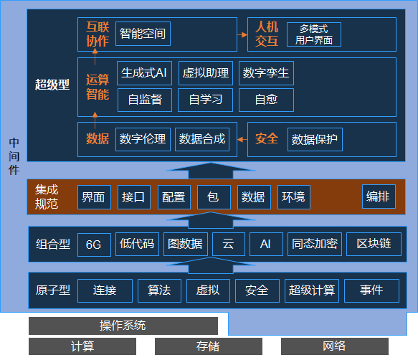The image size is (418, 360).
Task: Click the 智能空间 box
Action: point(143,34)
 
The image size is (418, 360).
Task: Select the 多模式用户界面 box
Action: point(314,34)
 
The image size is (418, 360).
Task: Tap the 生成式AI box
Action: point(144,73)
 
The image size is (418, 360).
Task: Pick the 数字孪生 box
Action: point(266,73)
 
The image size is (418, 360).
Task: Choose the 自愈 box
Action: point(266,100)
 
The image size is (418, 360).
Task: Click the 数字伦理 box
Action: point(143,139)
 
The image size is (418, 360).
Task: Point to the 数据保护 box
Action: point(315,139)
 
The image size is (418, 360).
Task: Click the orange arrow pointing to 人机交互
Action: point(242,34)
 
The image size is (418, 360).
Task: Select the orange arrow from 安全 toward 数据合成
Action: point(242,139)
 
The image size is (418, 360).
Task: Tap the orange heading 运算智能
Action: point(98,87)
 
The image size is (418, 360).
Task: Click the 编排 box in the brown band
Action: point(379,196)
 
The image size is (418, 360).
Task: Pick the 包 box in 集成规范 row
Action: point(214,197)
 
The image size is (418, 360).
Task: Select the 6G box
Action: point(94,245)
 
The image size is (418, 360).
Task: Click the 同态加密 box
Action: point(315,244)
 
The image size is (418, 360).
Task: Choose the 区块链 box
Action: point(374,244)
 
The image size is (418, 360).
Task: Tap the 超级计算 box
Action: point(312,290)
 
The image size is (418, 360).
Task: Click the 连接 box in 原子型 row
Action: point(105,290)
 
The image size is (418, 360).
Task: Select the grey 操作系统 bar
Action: point(123,326)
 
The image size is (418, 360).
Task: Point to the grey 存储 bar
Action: point(208,346)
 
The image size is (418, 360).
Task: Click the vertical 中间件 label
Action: point(14,156)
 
